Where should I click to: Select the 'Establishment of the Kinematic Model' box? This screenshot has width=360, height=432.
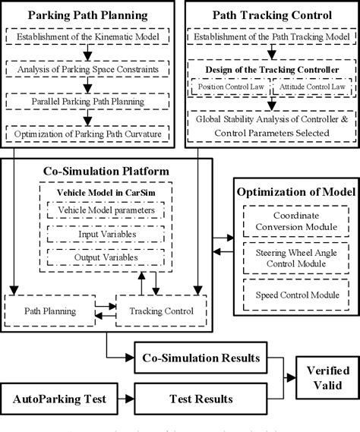[90, 38]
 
